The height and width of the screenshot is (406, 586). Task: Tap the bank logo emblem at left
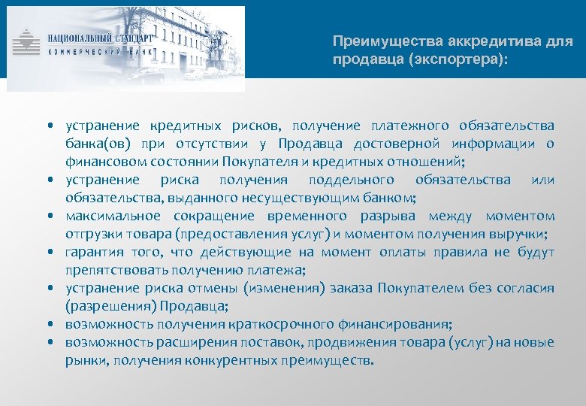(28, 41)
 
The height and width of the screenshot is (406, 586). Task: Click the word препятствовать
(116, 270)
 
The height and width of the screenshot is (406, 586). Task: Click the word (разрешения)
(103, 306)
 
